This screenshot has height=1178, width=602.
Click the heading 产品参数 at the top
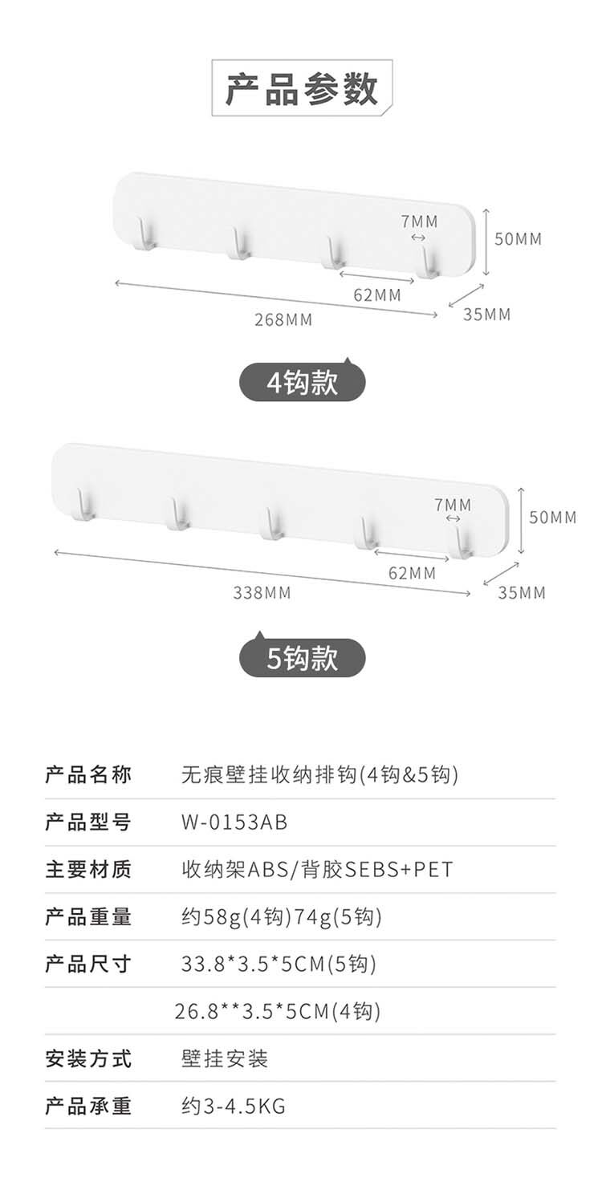point(301,89)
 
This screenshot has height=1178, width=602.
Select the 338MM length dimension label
point(262,593)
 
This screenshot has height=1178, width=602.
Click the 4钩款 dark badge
point(303,384)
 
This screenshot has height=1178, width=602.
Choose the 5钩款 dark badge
point(303,659)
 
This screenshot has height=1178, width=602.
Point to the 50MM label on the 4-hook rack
point(518,238)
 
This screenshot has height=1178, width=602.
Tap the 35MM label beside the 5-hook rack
point(522,593)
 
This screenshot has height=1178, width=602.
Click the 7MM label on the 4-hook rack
point(419,221)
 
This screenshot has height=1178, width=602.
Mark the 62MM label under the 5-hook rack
point(412,573)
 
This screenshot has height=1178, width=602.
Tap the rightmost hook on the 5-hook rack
point(462,541)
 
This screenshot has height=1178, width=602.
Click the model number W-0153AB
point(234,823)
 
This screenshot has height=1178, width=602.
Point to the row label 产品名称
point(88,775)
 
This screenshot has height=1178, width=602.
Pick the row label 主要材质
point(88,869)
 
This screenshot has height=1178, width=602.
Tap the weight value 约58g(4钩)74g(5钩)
point(281,916)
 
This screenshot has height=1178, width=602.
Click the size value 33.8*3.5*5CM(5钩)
point(279,964)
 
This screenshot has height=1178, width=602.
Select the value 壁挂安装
point(225,1059)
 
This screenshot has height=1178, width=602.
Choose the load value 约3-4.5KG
point(234,1107)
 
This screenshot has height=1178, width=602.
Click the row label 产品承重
point(88,1107)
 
